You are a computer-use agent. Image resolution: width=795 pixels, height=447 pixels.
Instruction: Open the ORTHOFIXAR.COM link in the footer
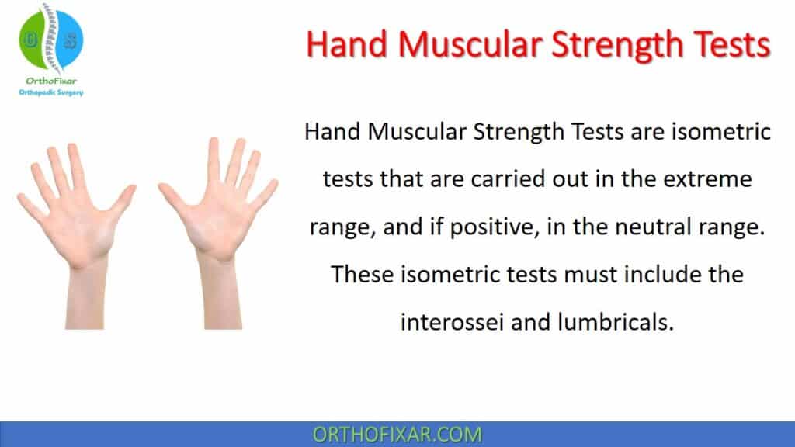click(x=397, y=434)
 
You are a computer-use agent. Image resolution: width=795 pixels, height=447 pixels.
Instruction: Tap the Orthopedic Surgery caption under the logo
click(x=50, y=92)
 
